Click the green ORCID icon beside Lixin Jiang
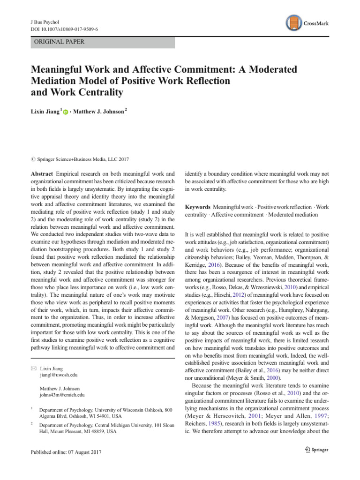click(x=65, y=112)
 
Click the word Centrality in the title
click(x=96, y=92)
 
